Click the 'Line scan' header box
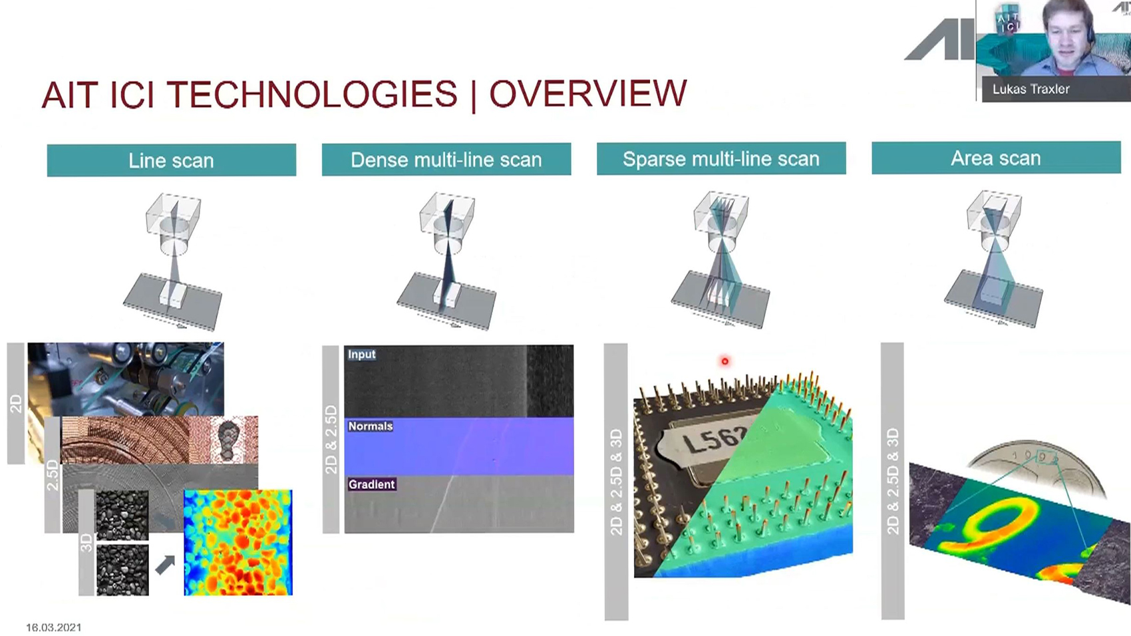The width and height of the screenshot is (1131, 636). pos(171,160)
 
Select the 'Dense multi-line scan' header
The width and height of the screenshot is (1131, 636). pos(446,160)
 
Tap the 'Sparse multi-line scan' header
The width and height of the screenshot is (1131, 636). pos(721,158)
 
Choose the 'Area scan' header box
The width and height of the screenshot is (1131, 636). pos(996,158)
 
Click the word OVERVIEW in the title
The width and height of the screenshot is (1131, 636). pos(588,94)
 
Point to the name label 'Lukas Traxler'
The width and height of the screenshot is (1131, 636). pos(1031,89)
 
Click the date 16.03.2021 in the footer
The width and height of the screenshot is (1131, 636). pos(53,627)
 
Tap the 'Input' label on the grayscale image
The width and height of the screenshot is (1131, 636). pos(361,355)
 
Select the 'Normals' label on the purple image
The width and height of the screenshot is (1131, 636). pos(370,426)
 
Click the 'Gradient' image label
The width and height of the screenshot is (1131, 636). pos(372,484)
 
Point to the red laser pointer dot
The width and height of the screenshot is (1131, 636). pos(725,361)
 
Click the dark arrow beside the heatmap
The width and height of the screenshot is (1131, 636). pos(165,564)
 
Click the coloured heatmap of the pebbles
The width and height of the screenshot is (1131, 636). pos(238,543)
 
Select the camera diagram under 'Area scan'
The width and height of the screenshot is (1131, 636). pos(994,259)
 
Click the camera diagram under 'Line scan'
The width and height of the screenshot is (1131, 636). pos(173,261)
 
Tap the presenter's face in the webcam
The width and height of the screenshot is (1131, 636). pos(1067,31)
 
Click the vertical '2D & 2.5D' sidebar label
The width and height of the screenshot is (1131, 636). pos(331,439)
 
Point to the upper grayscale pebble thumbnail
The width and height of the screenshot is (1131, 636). pos(122,515)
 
